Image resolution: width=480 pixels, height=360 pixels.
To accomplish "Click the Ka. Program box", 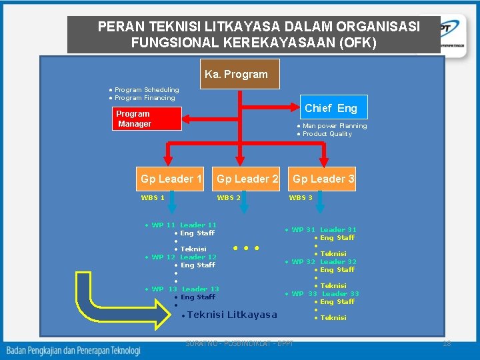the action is coord(237,74).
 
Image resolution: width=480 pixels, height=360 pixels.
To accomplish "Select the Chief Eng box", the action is coord(331,108).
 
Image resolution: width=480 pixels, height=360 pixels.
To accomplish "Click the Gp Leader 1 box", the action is coord(171,179).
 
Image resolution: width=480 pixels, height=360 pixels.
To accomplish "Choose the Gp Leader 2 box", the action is coord(247,179).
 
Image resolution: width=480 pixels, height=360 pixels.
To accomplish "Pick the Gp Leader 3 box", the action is coord(323,179).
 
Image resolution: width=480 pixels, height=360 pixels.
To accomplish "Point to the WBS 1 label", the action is coord(153,197).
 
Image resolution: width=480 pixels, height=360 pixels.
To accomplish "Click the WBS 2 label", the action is coord(229,197).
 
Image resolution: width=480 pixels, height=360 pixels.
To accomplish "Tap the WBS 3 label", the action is coord(301,197).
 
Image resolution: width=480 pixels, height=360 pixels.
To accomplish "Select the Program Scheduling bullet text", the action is coord(146,90).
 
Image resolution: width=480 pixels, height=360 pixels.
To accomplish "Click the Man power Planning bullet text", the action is coord(334,126).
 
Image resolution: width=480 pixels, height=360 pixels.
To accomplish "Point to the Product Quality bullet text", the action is coord(327,134).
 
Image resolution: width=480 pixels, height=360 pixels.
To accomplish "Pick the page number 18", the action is coord(447,343).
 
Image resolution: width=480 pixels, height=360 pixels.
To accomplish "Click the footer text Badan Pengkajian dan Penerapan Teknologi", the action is coord(73,350).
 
